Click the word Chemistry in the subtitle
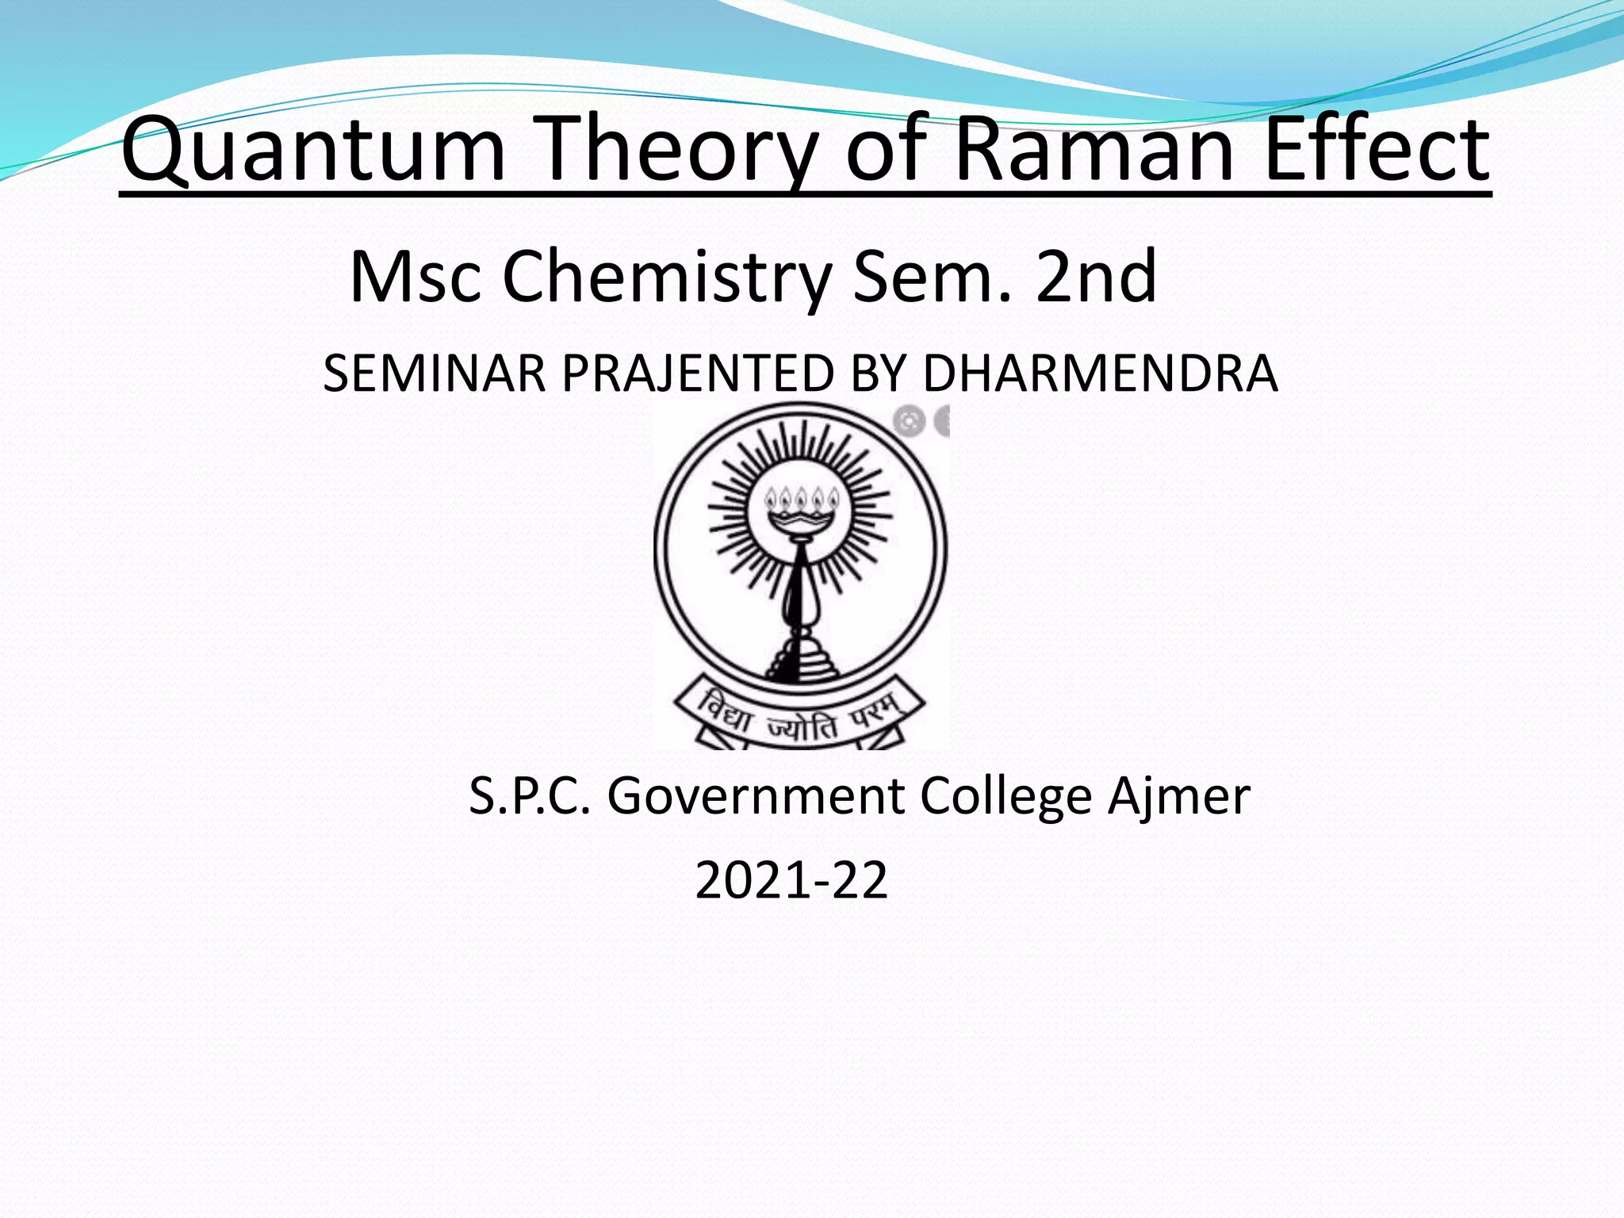pyautogui.click(x=667, y=278)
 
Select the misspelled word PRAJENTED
pyautogui.click(x=698, y=373)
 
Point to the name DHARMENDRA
pyautogui.click(x=1100, y=373)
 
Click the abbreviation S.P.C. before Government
pyautogui.click(x=530, y=796)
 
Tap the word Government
pyautogui.click(x=756, y=796)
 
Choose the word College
pyautogui.click(x=1006, y=798)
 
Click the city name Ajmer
pyautogui.click(x=1179, y=798)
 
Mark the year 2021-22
pyautogui.click(x=791, y=880)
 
